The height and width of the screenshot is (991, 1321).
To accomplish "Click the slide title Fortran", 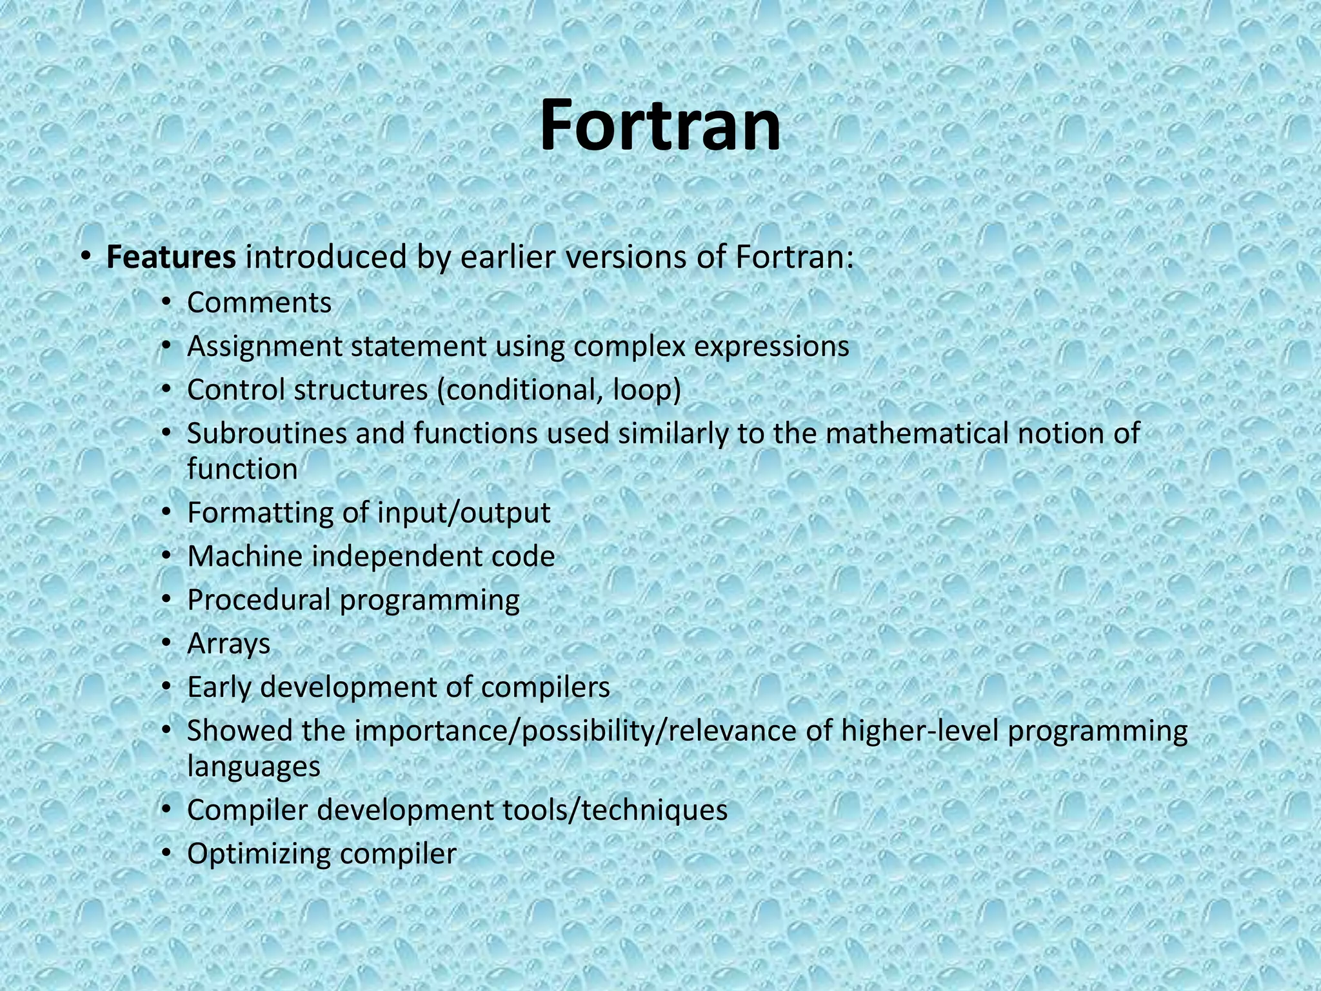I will click(x=660, y=125).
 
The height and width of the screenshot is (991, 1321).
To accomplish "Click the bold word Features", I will click(x=171, y=257).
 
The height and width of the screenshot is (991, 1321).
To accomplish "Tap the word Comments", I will click(x=259, y=303).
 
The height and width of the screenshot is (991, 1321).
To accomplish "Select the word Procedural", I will click(x=259, y=600).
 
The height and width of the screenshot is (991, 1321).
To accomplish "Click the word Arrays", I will click(x=228, y=644).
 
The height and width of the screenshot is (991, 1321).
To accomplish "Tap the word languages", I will click(x=253, y=767).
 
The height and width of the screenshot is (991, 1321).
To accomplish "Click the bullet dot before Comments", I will click(x=166, y=303).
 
